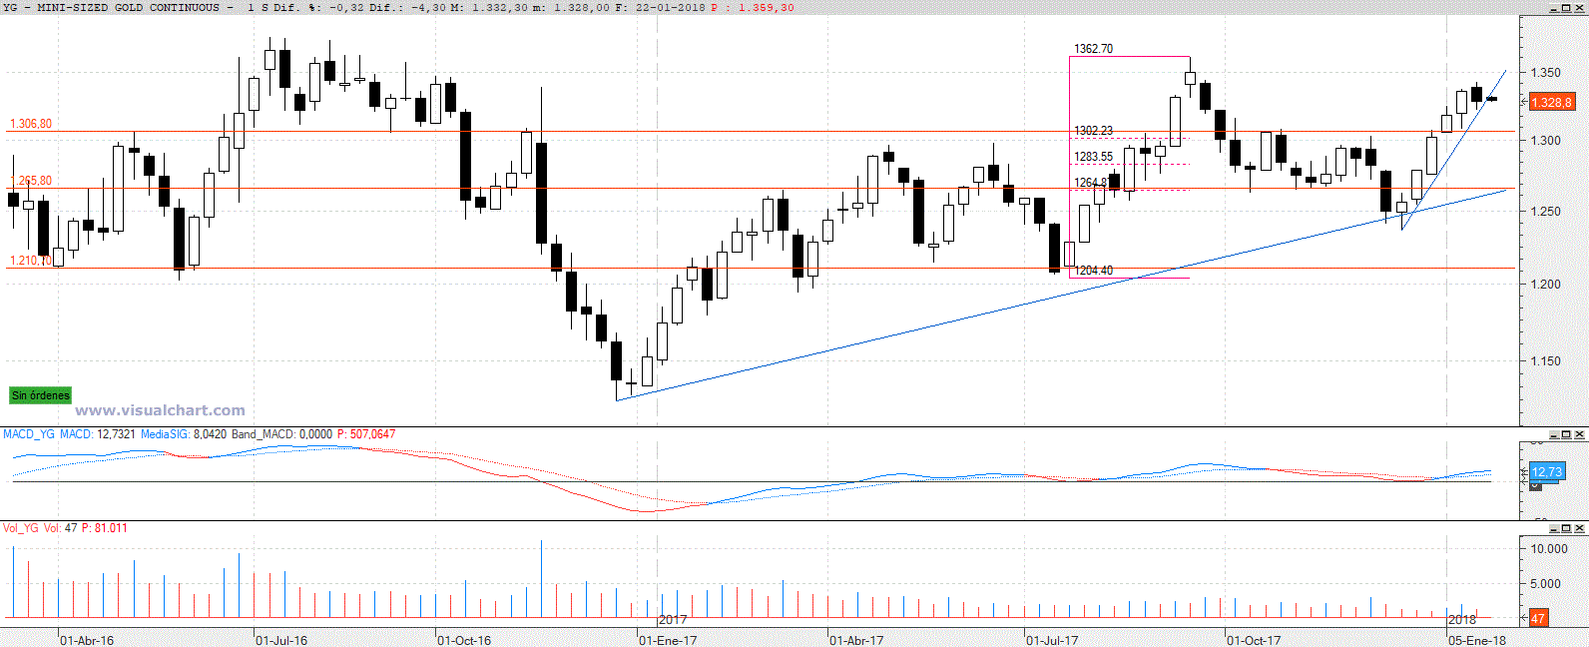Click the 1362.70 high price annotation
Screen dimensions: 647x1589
[1093, 49]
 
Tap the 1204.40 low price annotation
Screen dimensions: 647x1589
[1093, 271]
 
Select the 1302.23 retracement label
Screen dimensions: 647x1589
[1093, 131]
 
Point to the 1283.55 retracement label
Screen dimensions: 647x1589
[1093, 157]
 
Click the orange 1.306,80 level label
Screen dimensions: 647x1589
[31, 124]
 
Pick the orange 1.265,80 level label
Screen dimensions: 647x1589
[31, 181]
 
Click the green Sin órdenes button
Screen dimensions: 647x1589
[41, 395]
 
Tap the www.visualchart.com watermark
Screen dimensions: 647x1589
[160, 410]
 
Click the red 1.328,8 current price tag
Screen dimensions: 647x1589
[1551, 103]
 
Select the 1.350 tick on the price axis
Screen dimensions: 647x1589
[1545, 73]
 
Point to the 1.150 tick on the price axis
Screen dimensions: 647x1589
[1545, 361]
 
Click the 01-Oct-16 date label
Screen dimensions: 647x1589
[464, 640]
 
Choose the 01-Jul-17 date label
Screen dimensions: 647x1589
[1052, 640]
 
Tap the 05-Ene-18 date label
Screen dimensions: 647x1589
[1477, 640]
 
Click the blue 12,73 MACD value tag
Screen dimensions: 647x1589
[1546, 472]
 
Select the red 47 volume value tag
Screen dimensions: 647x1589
[1538, 619]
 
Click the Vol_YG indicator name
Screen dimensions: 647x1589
[21, 528]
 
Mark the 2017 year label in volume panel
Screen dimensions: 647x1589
[673, 620]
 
